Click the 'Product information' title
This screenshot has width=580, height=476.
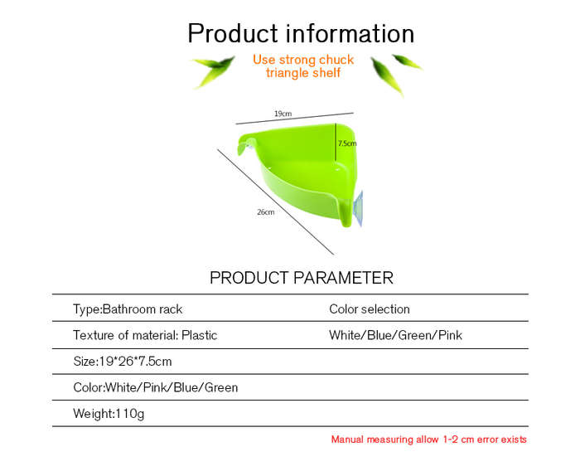[x=301, y=34]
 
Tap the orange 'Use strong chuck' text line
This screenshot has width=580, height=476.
[x=303, y=60]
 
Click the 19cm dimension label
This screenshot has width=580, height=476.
[x=283, y=114]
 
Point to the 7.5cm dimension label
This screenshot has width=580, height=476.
[x=347, y=143]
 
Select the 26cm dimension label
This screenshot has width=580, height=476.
[x=266, y=212]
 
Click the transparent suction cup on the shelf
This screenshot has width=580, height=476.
[x=359, y=208]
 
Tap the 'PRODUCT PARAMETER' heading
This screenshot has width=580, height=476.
[x=301, y=278]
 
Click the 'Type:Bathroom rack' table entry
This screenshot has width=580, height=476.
[x=128, y=309]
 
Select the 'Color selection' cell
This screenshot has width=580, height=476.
[x=370, y=309]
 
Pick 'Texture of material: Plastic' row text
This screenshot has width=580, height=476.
[x=145, y=335]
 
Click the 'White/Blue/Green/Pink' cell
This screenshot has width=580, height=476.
[x=395, y=335]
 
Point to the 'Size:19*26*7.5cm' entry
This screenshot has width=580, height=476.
[x=123, y=362]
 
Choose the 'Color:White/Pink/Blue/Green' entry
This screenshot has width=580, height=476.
[x=156, y=387]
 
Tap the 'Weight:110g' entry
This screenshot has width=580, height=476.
[x=109, y=414]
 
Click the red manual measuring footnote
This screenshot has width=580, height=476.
[x=428, y=440]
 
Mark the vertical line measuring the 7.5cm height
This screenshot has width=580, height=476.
[x=336, y=143]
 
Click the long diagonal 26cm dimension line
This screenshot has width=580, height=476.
[x=276, y=202]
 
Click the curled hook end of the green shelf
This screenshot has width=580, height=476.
[x=246, y=145]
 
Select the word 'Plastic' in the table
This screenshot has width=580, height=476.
[x=200, y=335]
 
